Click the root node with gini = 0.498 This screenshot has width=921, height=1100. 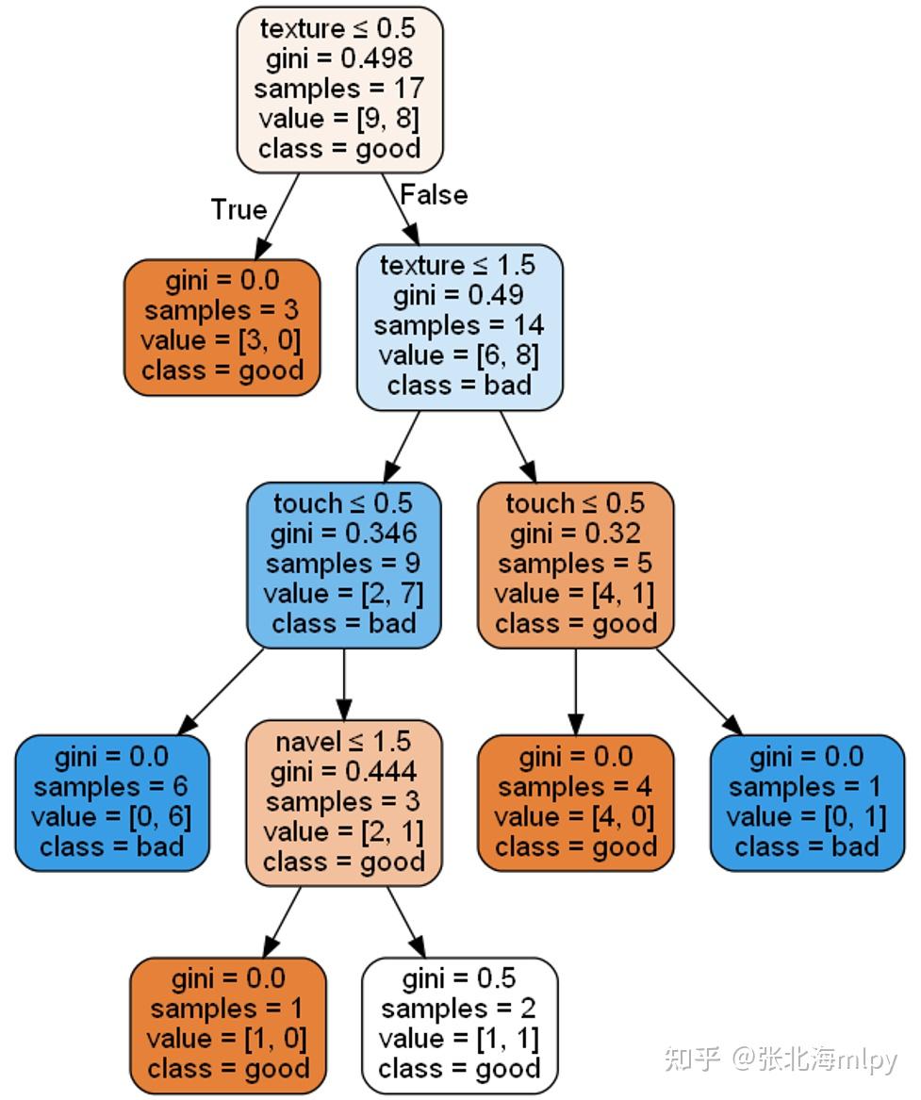click(x=339, y=90)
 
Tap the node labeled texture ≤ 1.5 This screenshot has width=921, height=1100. click(x=459, y=325)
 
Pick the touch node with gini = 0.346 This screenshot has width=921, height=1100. click(x=343, y=564)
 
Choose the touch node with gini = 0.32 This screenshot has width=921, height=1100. click(x=575, y=564)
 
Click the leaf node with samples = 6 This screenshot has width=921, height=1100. click(x=111, y=802)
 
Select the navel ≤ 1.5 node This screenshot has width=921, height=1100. click(x=343, y=802)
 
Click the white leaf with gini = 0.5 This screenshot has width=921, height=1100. click(x=459, y=1025)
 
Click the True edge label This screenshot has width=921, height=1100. click(x=238, y=209)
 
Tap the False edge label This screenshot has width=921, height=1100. click(x=434, y=194)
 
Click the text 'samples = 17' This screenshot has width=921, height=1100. click(x=339, y=89)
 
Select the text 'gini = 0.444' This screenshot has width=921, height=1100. click(x=343, y=773)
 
